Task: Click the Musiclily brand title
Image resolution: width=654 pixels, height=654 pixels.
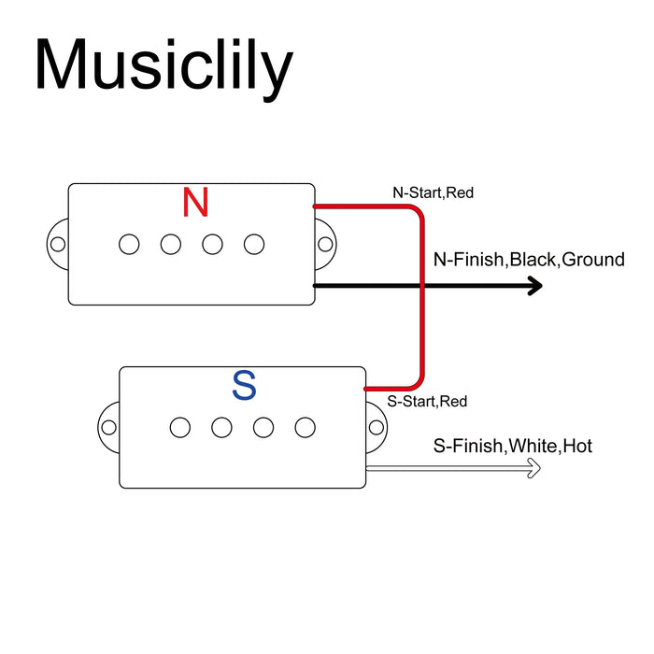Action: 163,65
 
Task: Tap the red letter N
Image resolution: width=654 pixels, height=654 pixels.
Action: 195,203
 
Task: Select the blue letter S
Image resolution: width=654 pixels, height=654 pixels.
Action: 244,385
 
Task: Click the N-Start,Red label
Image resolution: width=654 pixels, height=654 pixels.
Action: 434,192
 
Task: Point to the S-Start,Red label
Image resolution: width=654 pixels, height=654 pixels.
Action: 428,402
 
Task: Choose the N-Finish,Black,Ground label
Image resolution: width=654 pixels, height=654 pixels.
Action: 529,259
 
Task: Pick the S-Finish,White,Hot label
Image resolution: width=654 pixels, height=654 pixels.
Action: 513,447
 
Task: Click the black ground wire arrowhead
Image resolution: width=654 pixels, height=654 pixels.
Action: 534,286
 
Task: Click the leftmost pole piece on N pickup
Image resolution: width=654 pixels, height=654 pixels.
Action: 129,245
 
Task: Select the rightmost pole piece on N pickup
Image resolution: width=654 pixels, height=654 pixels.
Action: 254,245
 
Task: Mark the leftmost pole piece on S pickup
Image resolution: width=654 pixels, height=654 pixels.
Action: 180,428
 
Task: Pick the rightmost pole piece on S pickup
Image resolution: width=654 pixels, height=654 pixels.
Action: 305,428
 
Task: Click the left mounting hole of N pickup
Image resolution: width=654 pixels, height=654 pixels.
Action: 58,245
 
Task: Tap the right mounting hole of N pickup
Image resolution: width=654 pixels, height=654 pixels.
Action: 325,245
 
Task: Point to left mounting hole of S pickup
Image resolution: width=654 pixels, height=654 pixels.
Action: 109,428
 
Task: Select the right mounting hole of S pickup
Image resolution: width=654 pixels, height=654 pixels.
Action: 377,428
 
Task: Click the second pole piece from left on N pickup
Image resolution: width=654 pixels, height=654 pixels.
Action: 170,245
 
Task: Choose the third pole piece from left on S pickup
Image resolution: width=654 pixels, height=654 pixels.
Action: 263,428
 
